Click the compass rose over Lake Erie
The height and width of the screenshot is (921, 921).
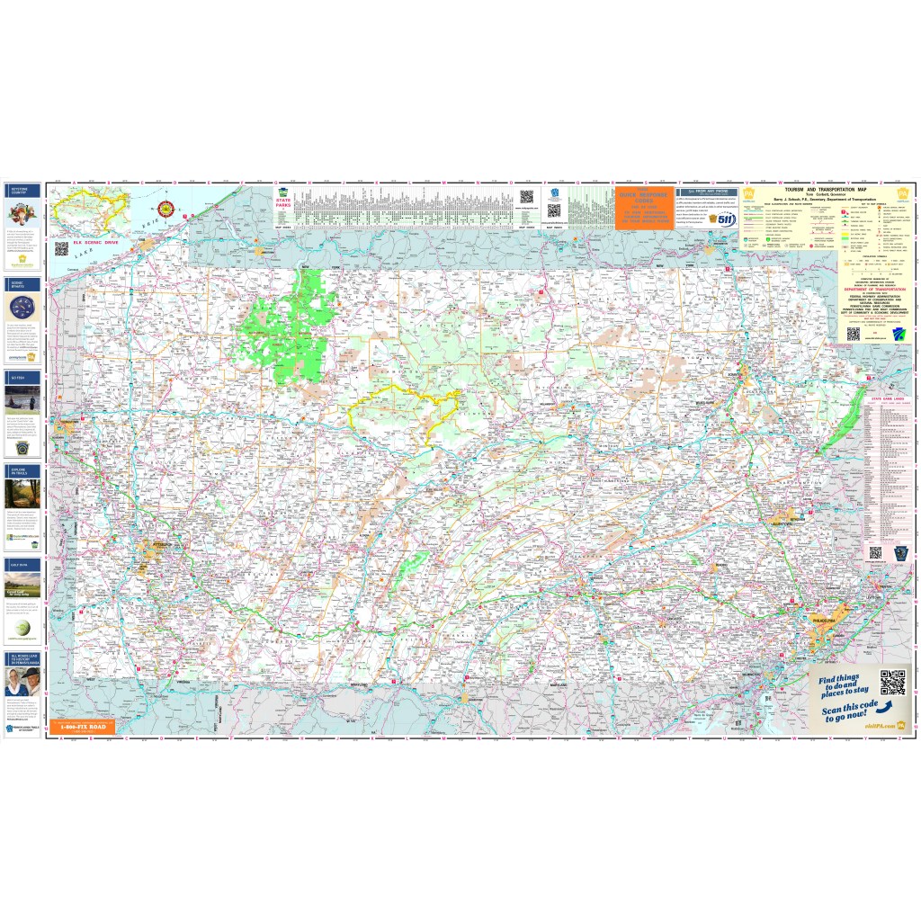pyautogui.click(x=165, y=209)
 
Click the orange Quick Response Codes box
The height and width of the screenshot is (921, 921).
pyautogui.click(x=644, y=208)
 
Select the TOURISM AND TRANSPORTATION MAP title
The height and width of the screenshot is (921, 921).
pyautogui.click(x=813, y=191)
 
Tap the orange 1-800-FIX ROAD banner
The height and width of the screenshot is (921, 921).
pyautogui.click(x=83, y=724)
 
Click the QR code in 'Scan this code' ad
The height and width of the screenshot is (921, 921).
pyautogui.click(x=891, y=683)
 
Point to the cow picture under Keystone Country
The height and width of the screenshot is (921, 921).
pyautogui.click(x=22, y=214)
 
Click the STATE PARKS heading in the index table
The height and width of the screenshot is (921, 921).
pyautogui.click(x=283, y=204)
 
